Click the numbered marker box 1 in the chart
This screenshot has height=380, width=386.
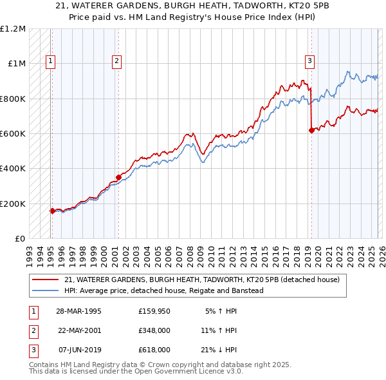(x=50, y=61)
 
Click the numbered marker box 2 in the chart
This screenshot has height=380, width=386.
(x=116, y=61)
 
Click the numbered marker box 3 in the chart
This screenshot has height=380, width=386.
(x=309, y=61)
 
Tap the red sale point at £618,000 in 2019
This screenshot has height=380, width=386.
(x=311, y=130)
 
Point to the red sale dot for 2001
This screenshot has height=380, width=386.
(x=118, y=177)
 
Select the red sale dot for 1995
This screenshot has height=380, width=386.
(x=52, y=210)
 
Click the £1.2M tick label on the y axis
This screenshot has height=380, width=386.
(x=13, y=29)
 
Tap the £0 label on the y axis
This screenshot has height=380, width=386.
(x=19, y=238)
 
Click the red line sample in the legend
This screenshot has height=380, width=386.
(x=45, y=280)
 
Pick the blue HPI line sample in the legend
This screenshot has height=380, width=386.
(x=45, y=290)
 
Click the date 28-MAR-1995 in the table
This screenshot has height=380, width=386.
(x=78, y=311)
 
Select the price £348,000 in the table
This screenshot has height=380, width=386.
(x=154, y=330)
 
